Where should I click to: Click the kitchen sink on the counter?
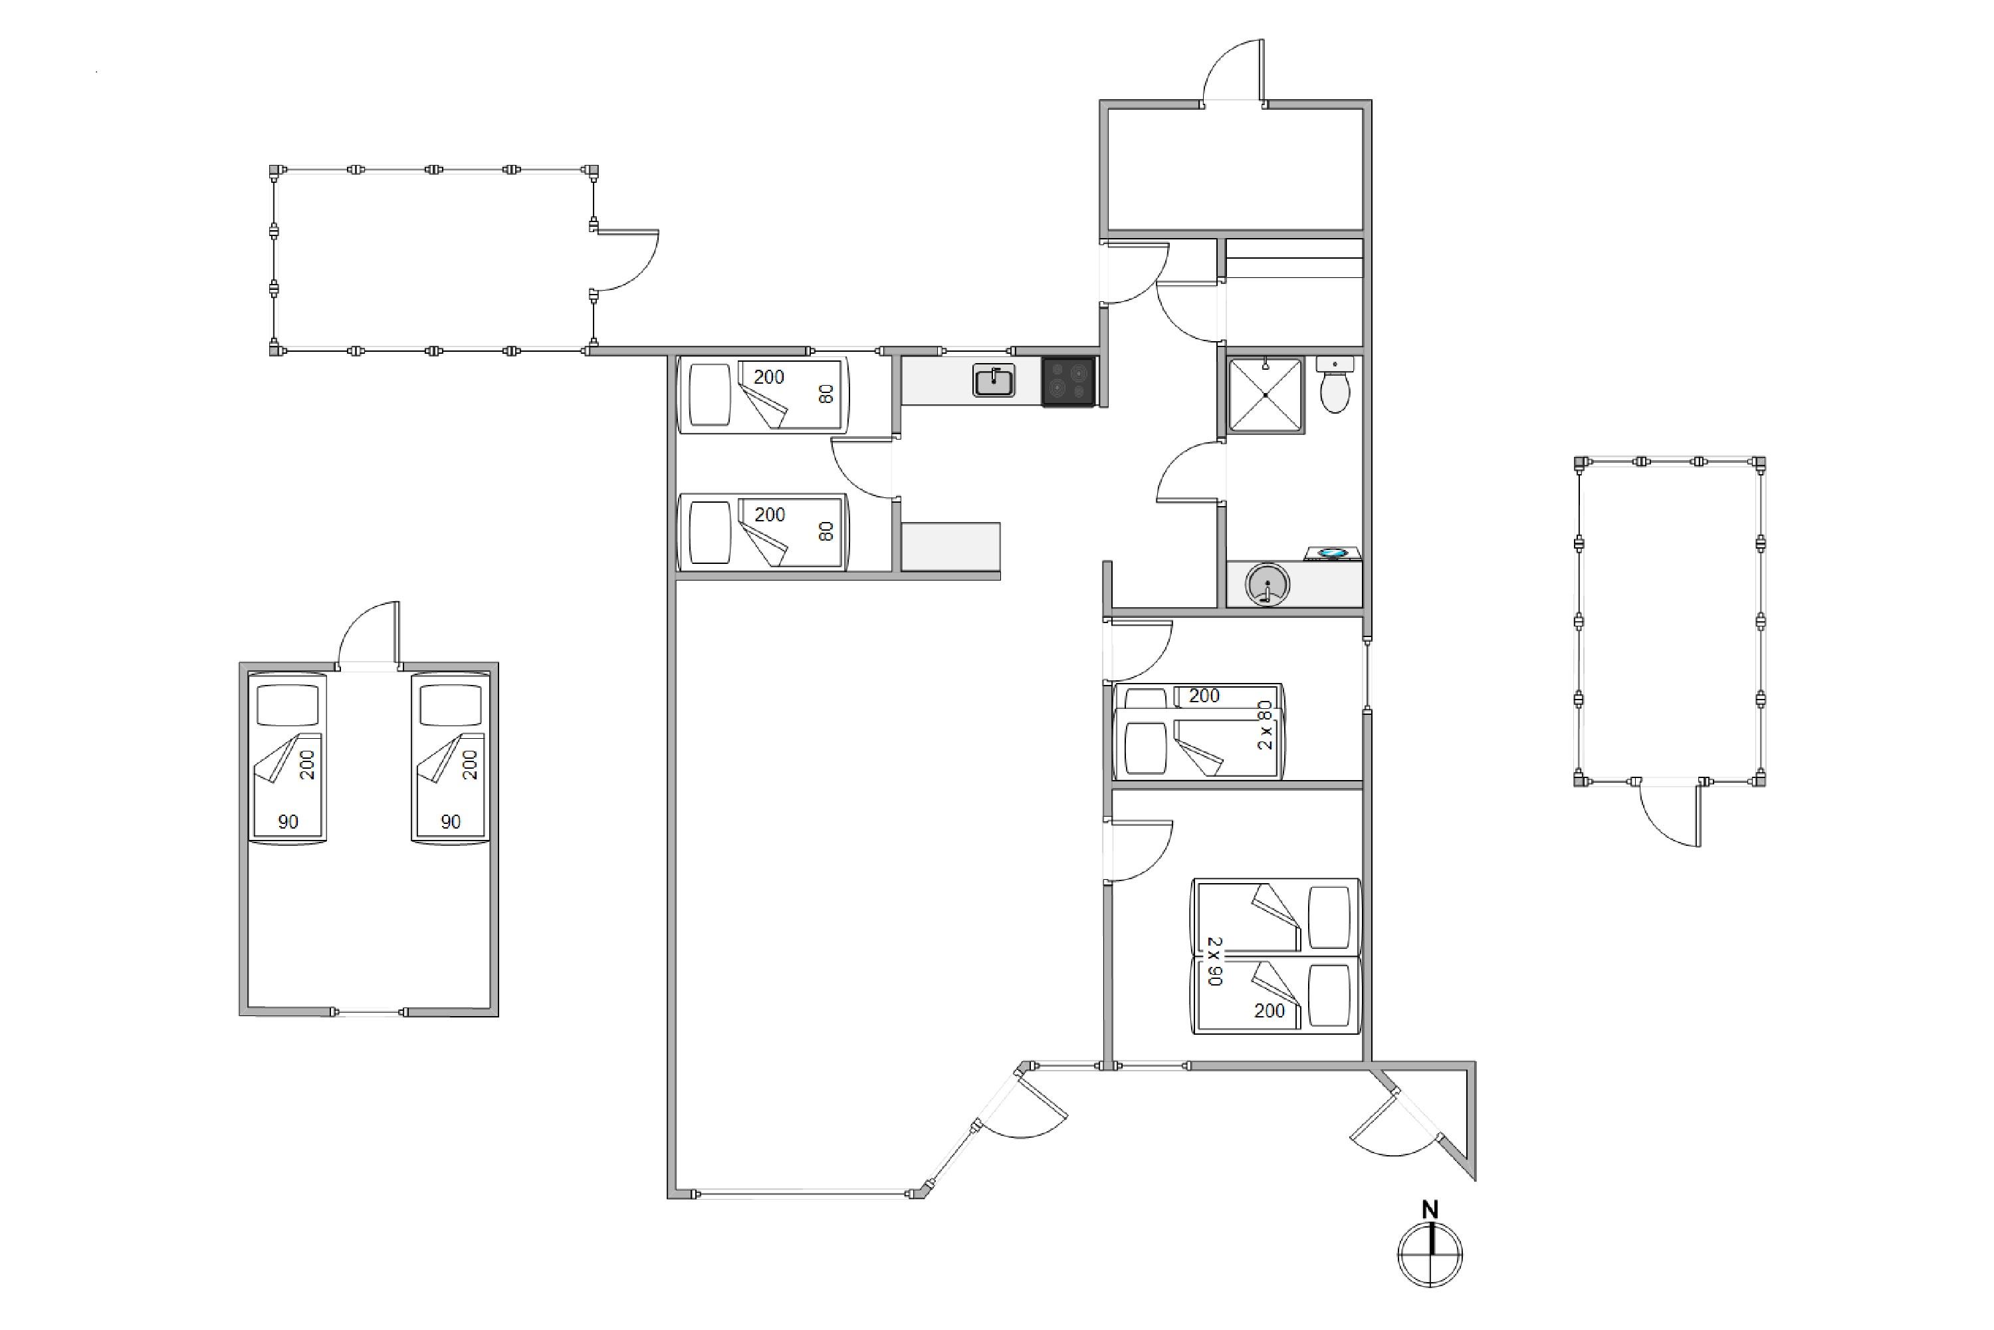pyautogui.click(x=994, y=381)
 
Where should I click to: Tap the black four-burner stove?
pyautogui.click(x=1068, y=382)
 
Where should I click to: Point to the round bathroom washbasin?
pyautogui.click(x=1268, y=585)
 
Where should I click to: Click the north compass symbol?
pyautogui.click(x=1430, y=1254)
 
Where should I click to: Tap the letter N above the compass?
pyautogui.click(x=1430, y=1209)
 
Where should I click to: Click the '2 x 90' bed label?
pyautogui.click(x=1215, y=960)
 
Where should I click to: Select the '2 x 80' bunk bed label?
pyautogui.click(x=1265, y=724)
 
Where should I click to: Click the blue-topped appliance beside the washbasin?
pyautogui.click(x=1332, y=553)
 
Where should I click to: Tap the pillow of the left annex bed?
pyautogui.click(x=287, y=705)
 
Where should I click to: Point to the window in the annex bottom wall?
pyautogui.click(x=369, y=1012)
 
